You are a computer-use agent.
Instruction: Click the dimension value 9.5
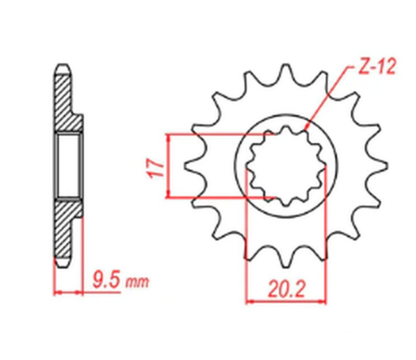pyautogui.click(x=105, y=280)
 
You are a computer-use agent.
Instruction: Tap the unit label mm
pyautogui.click(x=137, y=281)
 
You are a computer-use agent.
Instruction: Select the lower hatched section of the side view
pyautogui.click(x=66, y=226)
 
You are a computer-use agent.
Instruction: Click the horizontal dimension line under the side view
pyautogui.click(x=87, y=292)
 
